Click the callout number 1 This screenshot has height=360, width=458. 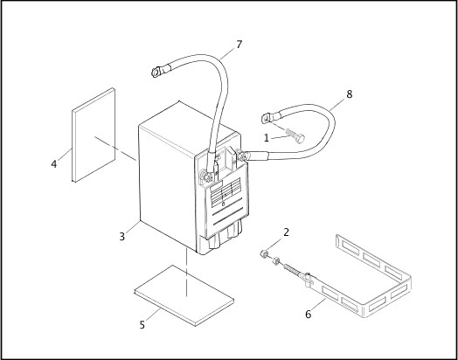(x=267, y=137)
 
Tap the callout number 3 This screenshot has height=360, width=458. (x=123, y=236)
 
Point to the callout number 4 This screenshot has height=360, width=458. (x=54, y=163)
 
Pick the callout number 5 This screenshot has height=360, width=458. (x=142, y=325)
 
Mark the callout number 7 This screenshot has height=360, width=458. (x=239, y=45)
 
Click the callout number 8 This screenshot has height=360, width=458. (x=350, y=93)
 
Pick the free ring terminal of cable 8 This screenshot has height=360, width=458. (x=267, y=116)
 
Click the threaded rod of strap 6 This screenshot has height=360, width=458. (x=292, y=270)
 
